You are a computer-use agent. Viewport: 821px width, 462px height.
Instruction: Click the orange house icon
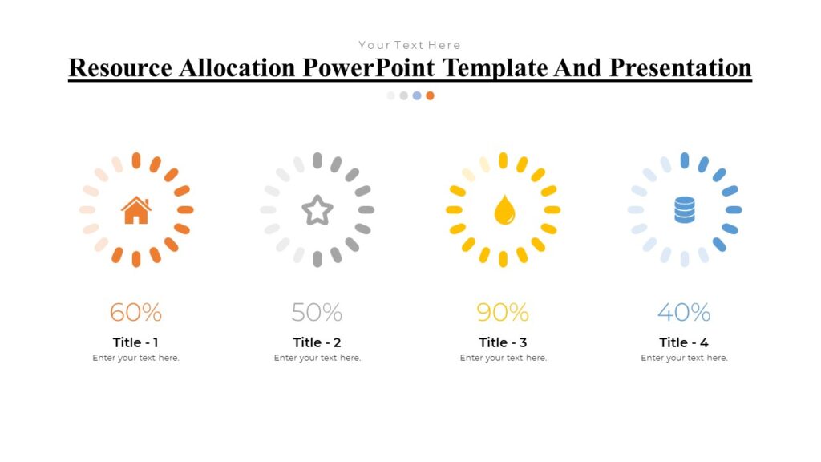click(136, 210)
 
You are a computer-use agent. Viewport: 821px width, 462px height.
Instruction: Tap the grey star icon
click(317, 210)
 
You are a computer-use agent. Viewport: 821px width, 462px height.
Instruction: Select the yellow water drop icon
click(504, 210)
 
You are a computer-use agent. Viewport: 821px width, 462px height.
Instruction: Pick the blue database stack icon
click(685, 210)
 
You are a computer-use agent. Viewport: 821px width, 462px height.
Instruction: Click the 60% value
click(135, 312)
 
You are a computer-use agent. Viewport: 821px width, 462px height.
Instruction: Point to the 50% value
click(317, 312)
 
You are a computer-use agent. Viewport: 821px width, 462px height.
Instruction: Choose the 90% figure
click(503, 312)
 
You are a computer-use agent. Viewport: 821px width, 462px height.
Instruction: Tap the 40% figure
click(684, 312)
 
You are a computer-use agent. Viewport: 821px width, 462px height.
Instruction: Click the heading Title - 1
click(135, 342)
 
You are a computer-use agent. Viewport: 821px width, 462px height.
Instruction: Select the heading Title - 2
click(317, 342)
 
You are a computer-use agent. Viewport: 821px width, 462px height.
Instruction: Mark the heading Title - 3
click(503, 342)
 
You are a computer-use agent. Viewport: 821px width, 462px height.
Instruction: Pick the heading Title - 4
click(684, 342)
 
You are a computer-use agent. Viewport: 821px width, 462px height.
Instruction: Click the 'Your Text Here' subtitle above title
click(410, 45)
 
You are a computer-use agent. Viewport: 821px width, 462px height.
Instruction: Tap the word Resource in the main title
click(120, 67)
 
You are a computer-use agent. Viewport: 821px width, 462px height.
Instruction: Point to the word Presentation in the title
click(680, 67)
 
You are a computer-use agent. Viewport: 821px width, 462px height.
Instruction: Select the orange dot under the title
click(430, 95)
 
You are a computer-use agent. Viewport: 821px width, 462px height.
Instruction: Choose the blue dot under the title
click(417, 95)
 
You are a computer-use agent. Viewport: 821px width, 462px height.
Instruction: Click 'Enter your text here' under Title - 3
click(503, 358)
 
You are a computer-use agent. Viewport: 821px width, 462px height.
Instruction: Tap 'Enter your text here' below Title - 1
click(135, 358)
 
